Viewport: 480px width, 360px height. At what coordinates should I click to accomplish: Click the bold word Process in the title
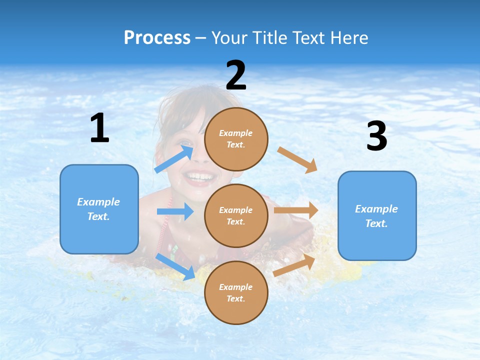coord(157,37)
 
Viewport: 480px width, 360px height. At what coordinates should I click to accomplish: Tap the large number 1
coord(99,128)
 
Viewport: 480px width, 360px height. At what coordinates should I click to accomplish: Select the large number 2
coord(236,75)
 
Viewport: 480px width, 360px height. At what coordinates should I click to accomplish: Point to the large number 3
coord(376,136)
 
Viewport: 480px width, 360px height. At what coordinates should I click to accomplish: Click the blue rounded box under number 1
coord(99,209)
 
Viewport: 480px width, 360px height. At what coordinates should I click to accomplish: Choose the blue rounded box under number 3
coord(377,215)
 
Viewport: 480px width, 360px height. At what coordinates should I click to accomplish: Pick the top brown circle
coord(236,139)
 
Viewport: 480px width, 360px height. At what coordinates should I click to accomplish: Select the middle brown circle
coord(236,215)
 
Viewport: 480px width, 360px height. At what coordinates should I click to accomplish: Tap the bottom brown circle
coord(236,292)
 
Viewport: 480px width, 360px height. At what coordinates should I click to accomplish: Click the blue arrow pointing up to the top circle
coord(174,159)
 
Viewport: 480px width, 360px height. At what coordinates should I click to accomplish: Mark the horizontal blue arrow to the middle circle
coord(175,211)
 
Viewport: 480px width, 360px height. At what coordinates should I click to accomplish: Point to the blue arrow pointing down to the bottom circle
coord(175,266)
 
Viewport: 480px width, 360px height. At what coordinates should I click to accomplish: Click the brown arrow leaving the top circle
coord(297,159)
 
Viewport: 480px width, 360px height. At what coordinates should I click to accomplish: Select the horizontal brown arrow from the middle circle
coord(296,210)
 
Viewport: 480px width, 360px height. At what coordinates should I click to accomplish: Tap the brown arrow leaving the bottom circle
coord(294,265)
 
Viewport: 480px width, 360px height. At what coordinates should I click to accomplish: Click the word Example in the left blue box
coord(98,202)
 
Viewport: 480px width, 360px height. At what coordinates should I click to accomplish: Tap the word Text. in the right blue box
coord(376,223)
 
